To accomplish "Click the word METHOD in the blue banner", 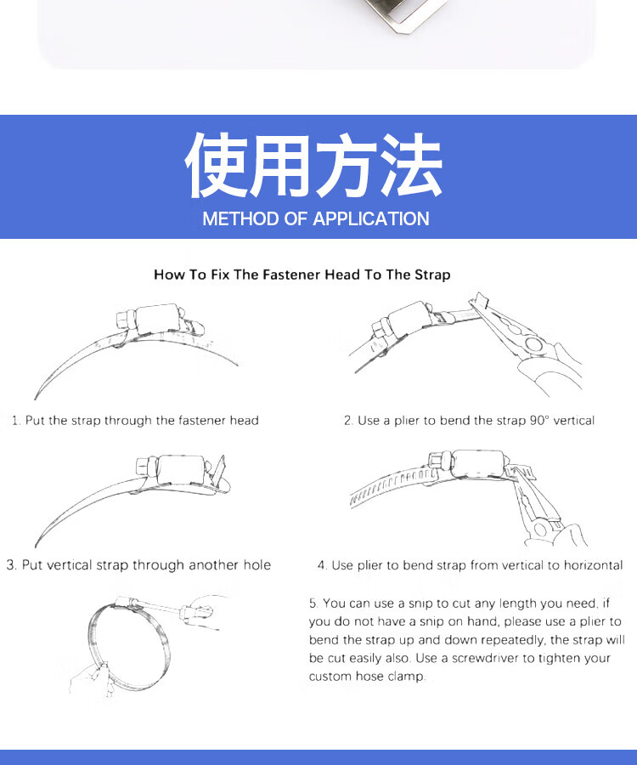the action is pos(240,218).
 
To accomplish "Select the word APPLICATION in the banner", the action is pos(371,218).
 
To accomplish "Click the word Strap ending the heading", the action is pos(432,275).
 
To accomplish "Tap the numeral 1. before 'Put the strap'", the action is pos(16,421).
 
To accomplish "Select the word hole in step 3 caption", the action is pos(256,565).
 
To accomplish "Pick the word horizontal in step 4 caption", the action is pos(593,565).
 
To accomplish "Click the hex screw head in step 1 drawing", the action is pos(125,321).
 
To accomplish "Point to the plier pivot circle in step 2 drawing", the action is pos(533,344).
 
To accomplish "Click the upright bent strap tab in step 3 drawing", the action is pos(217,471).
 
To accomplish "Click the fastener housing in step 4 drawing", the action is pos(478,464).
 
